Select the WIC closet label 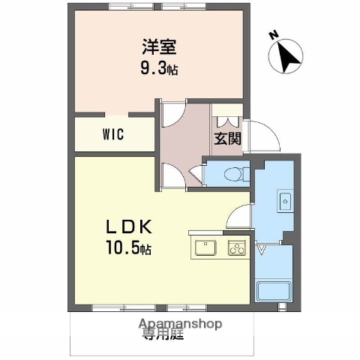[x=113, y=136]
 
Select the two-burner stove [x=237, y=247]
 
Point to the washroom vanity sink [x=285, y=201]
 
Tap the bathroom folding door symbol [x=262, y=250]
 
